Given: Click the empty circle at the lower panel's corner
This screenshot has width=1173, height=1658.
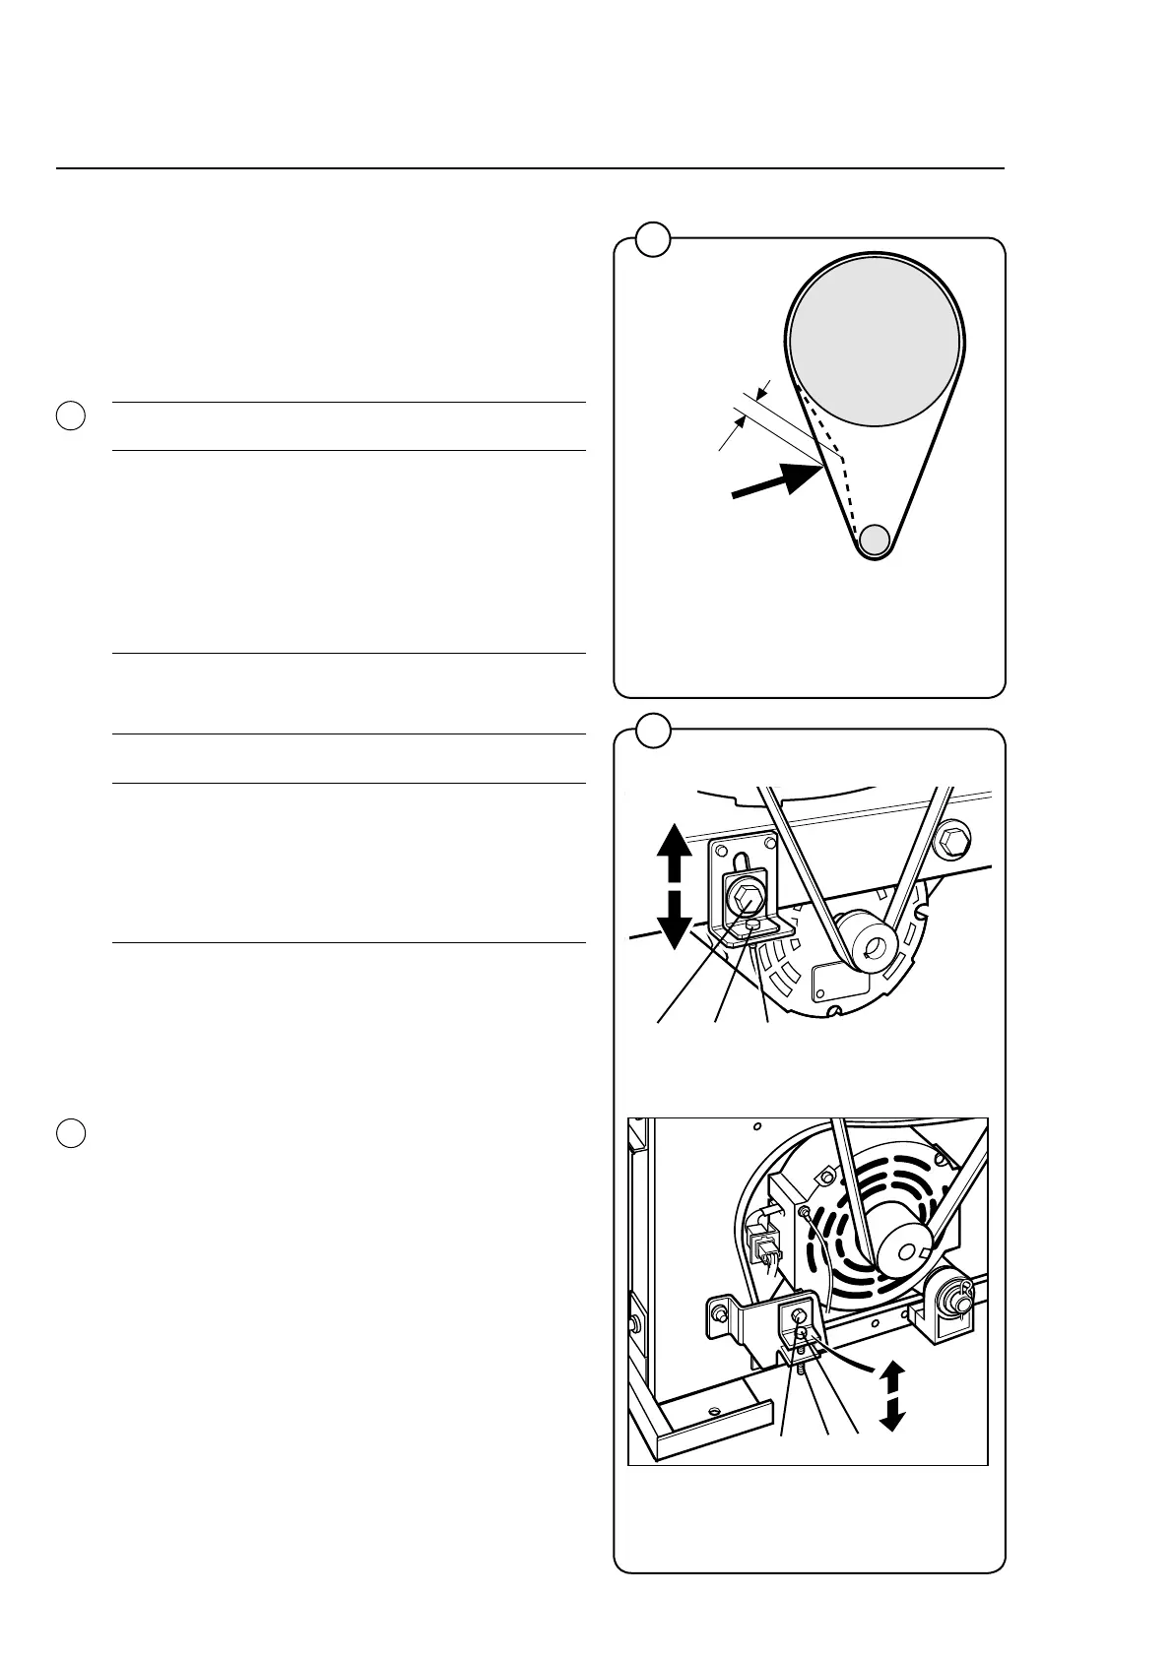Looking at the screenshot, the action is pos(652,730).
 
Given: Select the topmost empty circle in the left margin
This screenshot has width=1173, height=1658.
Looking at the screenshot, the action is pos(69,415).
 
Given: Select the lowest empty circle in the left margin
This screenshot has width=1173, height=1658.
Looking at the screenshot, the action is pos(69,1133).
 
